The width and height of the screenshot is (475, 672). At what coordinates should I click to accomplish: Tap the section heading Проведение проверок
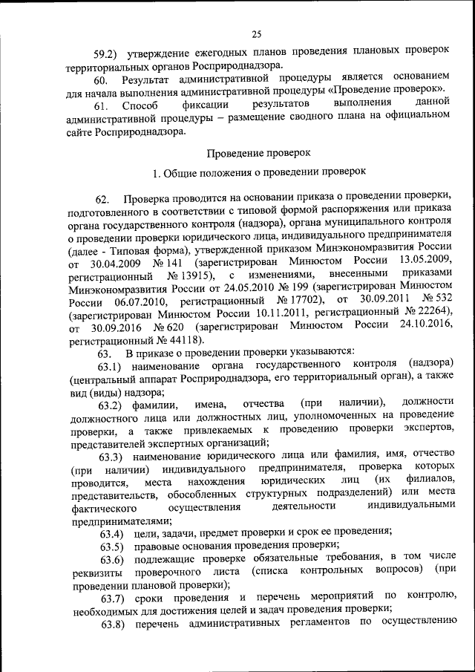[258, 152]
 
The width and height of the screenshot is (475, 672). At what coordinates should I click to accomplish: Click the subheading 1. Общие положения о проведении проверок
[258, 172]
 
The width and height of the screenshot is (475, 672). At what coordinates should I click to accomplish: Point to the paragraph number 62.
[104, 200]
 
